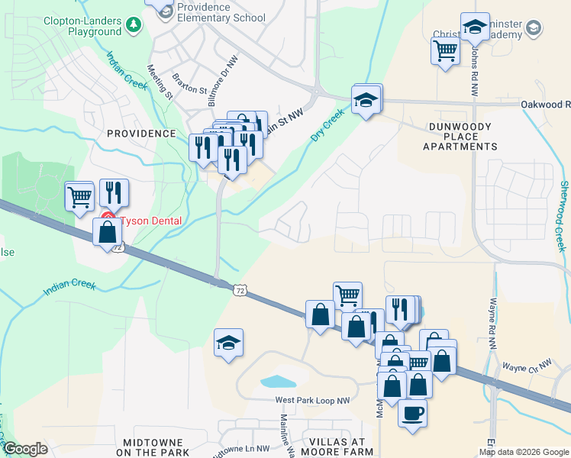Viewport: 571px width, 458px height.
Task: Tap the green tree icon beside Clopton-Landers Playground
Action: (x=134, y=26)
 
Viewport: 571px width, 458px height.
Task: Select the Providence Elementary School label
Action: (x=220, y=12)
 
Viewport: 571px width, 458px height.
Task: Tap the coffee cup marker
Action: (x=412, y=414)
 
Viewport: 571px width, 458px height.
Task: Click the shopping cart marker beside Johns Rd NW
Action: (x=445, y=51)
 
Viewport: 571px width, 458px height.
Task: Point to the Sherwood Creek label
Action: (x=563, y=216)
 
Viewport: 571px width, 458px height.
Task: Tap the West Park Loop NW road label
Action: (x=312, y=401)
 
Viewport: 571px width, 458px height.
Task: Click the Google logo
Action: (x=25, y=449)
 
